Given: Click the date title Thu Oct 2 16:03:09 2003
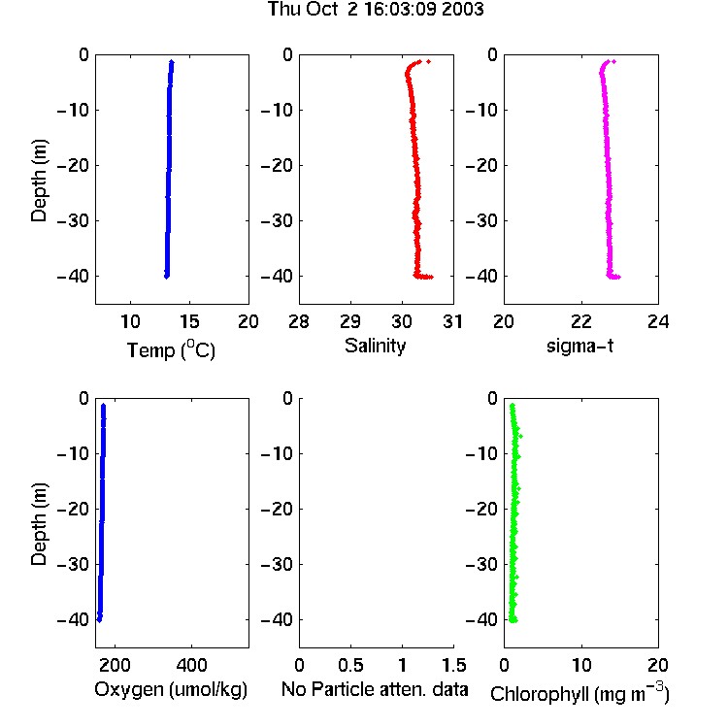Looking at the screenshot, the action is point(376,9).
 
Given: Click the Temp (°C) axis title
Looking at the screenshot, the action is point(171,349).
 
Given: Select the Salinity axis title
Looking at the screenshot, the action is point(375,346).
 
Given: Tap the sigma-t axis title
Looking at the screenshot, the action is point(579,346).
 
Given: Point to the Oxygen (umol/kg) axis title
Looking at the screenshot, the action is point(171,689).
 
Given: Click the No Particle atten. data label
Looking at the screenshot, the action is point(375,689).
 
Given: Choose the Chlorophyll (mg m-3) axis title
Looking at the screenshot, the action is point(579,693).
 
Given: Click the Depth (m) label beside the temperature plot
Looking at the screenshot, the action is point(39,181).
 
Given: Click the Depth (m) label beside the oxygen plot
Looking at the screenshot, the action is point(39,524).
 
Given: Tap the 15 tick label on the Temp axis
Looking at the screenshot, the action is point(189,321).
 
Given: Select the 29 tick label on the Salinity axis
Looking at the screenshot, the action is point(350,321).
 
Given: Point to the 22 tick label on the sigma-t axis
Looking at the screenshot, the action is point(581,321).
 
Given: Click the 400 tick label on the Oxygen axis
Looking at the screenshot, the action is point(192,665).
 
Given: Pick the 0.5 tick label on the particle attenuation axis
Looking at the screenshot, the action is point(350,665).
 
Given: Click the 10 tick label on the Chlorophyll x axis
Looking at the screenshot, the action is point(581,665).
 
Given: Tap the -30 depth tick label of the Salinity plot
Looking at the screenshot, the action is point(278,220).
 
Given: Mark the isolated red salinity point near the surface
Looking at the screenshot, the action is point(428,61).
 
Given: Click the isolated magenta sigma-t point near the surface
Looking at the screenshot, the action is point(613,61).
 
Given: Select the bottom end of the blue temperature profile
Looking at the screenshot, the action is point(167,277).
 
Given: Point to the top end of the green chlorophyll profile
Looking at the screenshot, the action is point(513,406).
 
